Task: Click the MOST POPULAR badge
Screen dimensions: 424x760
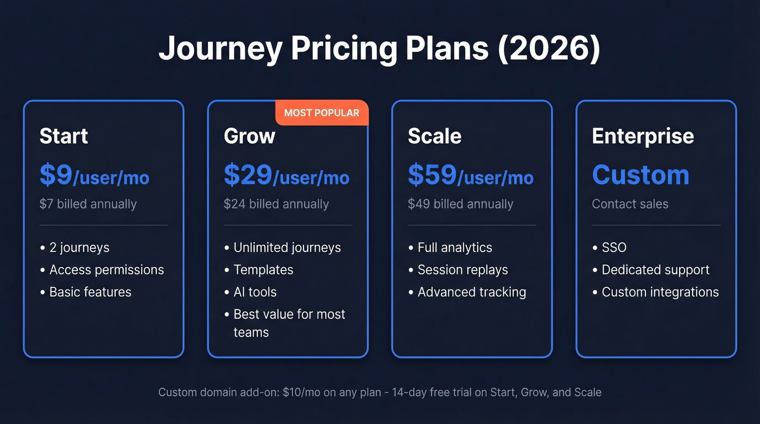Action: tap(321, 113)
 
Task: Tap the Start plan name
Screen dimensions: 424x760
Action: tap(64, 136)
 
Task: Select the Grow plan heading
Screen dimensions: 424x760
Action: tap(249, 136)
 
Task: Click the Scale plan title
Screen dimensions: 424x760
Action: tap(434, 136)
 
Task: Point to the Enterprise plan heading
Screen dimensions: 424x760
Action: tap(643, 136)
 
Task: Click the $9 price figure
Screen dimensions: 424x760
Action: tap(56, 175)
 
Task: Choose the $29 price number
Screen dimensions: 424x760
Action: tap(248, 175)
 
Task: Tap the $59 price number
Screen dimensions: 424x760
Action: tap(432, 175)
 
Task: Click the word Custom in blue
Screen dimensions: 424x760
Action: tap(641, 175)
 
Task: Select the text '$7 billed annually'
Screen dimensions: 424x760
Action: tap(88, 204)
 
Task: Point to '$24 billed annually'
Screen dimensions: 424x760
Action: tap(276, 204)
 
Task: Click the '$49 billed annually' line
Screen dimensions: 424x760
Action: tap(460, 204)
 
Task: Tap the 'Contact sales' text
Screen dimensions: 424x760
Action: tap(630, 204)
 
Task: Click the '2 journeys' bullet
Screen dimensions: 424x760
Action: tap(79, 248)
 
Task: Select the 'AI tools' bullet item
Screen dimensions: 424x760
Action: tap(255, 292)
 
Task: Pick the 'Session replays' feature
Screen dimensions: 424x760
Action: tap(463, 270)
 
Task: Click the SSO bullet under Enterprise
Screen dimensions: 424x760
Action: tap(614, 248)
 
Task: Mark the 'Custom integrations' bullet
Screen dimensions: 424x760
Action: tap(660, 292)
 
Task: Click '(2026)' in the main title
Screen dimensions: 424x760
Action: tap(549, 49)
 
